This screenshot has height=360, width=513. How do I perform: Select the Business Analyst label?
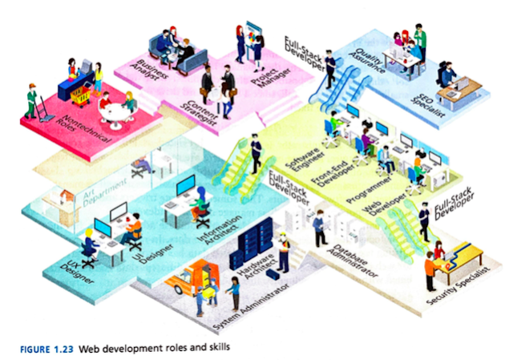151,73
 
